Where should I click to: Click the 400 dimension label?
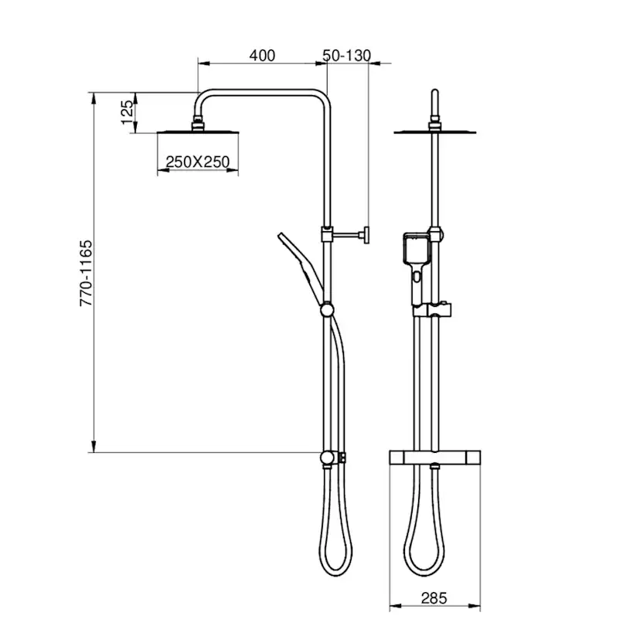[262, 55]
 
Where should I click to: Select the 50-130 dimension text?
[347, 55]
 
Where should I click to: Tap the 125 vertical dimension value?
[128, 113]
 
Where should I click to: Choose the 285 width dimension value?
[435, 597]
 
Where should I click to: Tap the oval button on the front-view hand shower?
[417, 276]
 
